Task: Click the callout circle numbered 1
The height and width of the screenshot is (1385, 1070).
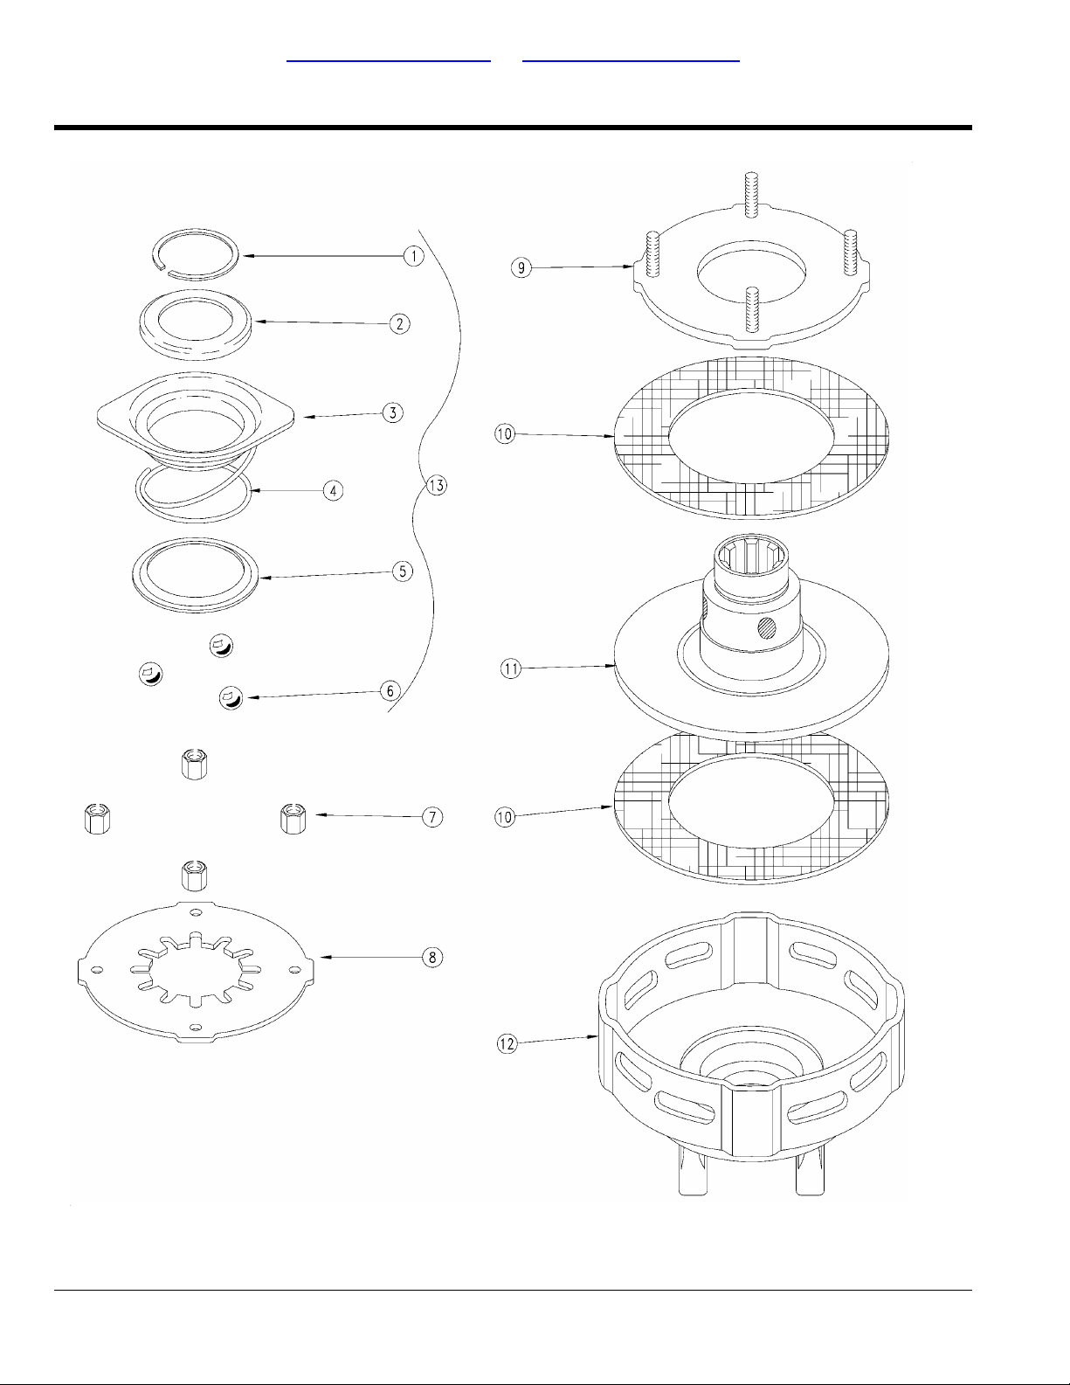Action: pyautogui.click(x=414, y=256)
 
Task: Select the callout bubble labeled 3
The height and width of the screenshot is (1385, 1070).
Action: pyautogui.click(x=393, y=412)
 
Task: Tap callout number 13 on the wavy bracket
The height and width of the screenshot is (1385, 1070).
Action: pyautogui.click(x=436, y=486)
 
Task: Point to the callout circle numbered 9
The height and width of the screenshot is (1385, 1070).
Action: pyautogui.click(x=521, y=267)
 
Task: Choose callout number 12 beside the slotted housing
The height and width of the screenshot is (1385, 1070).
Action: pyautogui.click(x=507, y=1043)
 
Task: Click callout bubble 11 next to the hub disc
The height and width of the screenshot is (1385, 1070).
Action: pyautogui.click(x=510, y=668)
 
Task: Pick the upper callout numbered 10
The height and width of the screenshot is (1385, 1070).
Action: pyautogui.click(x=505, y=434)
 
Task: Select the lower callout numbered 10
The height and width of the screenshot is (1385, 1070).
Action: pyautogui.click(x=505, y=817)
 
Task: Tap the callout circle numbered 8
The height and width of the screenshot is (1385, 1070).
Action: pyautogui.click(x=432, y=958)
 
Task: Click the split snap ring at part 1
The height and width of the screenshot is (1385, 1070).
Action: pyautogui.click(x=197, y=253)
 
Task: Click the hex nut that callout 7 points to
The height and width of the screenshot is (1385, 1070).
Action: pyautogui.click(x=293, y=818)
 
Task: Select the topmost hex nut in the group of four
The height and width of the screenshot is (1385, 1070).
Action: pyautogui.click(x=194, y=764)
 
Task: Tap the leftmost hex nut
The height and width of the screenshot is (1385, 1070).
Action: pyautogui.click(x=97, y=819)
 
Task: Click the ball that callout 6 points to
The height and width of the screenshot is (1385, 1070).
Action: pyautogui.click(x=231, y=698)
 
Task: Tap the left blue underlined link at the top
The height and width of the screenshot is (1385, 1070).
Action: pyautogui.click(x=389, y=61)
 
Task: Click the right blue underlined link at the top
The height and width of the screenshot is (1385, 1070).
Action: pyautogui.click(x=631, y=61)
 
